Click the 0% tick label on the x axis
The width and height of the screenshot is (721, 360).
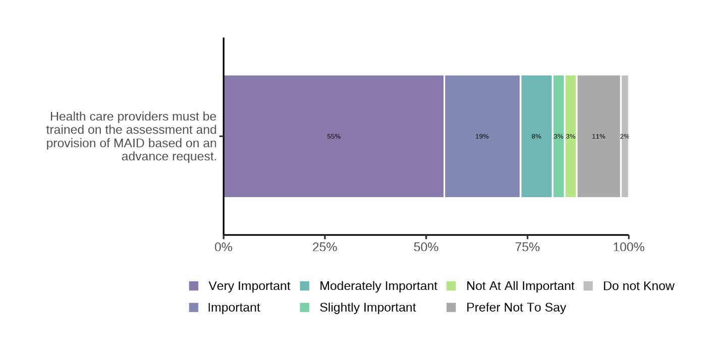(x=224, y=248)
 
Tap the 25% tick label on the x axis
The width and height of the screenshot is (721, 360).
(x=325, y=248)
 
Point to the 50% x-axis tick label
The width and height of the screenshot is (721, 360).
(x=426, y=248)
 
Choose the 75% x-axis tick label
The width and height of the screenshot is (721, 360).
(x=527, y=248)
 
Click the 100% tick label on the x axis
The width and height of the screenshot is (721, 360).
(x=628, y=248)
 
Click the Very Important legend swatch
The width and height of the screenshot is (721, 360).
(x=194, y=286)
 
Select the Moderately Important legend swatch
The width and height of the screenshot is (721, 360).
(x=304, y=286)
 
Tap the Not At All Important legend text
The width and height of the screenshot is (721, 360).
(x=520, y=286)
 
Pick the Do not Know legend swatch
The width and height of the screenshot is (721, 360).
(x=588, y=286)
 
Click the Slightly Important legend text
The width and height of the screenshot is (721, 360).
(x=367, y=308)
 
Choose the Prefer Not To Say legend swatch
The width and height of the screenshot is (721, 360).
(x=451, y=308)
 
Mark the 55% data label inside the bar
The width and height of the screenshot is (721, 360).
(x=334, y=137)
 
